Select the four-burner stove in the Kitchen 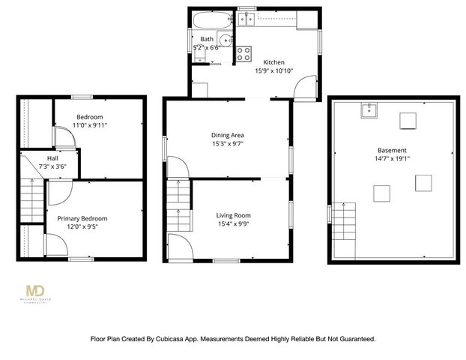point(244,53)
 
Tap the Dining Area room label point(228,135)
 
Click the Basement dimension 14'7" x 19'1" point(393,158)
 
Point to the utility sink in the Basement point(368,112)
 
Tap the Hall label point(52,158)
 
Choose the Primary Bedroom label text point(82,218)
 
